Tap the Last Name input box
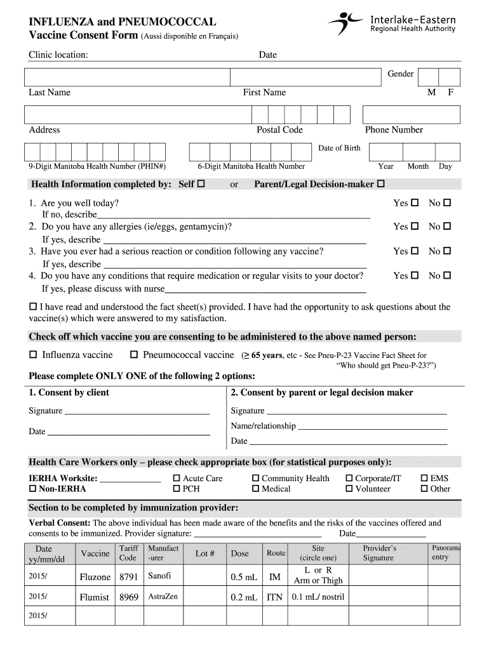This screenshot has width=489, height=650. pos(126,77)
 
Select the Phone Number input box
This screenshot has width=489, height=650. pos(411,114)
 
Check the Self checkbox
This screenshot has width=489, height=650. pos(202,185)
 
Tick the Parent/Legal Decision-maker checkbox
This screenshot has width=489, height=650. pos(381,185)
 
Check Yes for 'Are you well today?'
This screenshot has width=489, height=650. pos(415,203)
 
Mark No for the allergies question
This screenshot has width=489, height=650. pos(447,227)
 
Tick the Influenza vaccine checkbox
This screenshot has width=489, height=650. pos(33,355)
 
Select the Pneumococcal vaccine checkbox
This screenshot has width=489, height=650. pos(134,355)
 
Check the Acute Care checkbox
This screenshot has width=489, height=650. pos(177,479)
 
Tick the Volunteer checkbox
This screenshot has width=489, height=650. pos(349,489)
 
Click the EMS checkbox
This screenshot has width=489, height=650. pos(424,479)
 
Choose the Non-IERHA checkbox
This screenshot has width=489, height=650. pos(33,489)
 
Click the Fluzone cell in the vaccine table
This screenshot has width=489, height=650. pos(95,577)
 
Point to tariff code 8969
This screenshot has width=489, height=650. pos(129,597)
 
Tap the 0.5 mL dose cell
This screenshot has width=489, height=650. pos(242,577)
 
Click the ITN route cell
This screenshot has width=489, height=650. pos(275,597)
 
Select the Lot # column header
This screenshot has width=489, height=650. pos(204,554)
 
